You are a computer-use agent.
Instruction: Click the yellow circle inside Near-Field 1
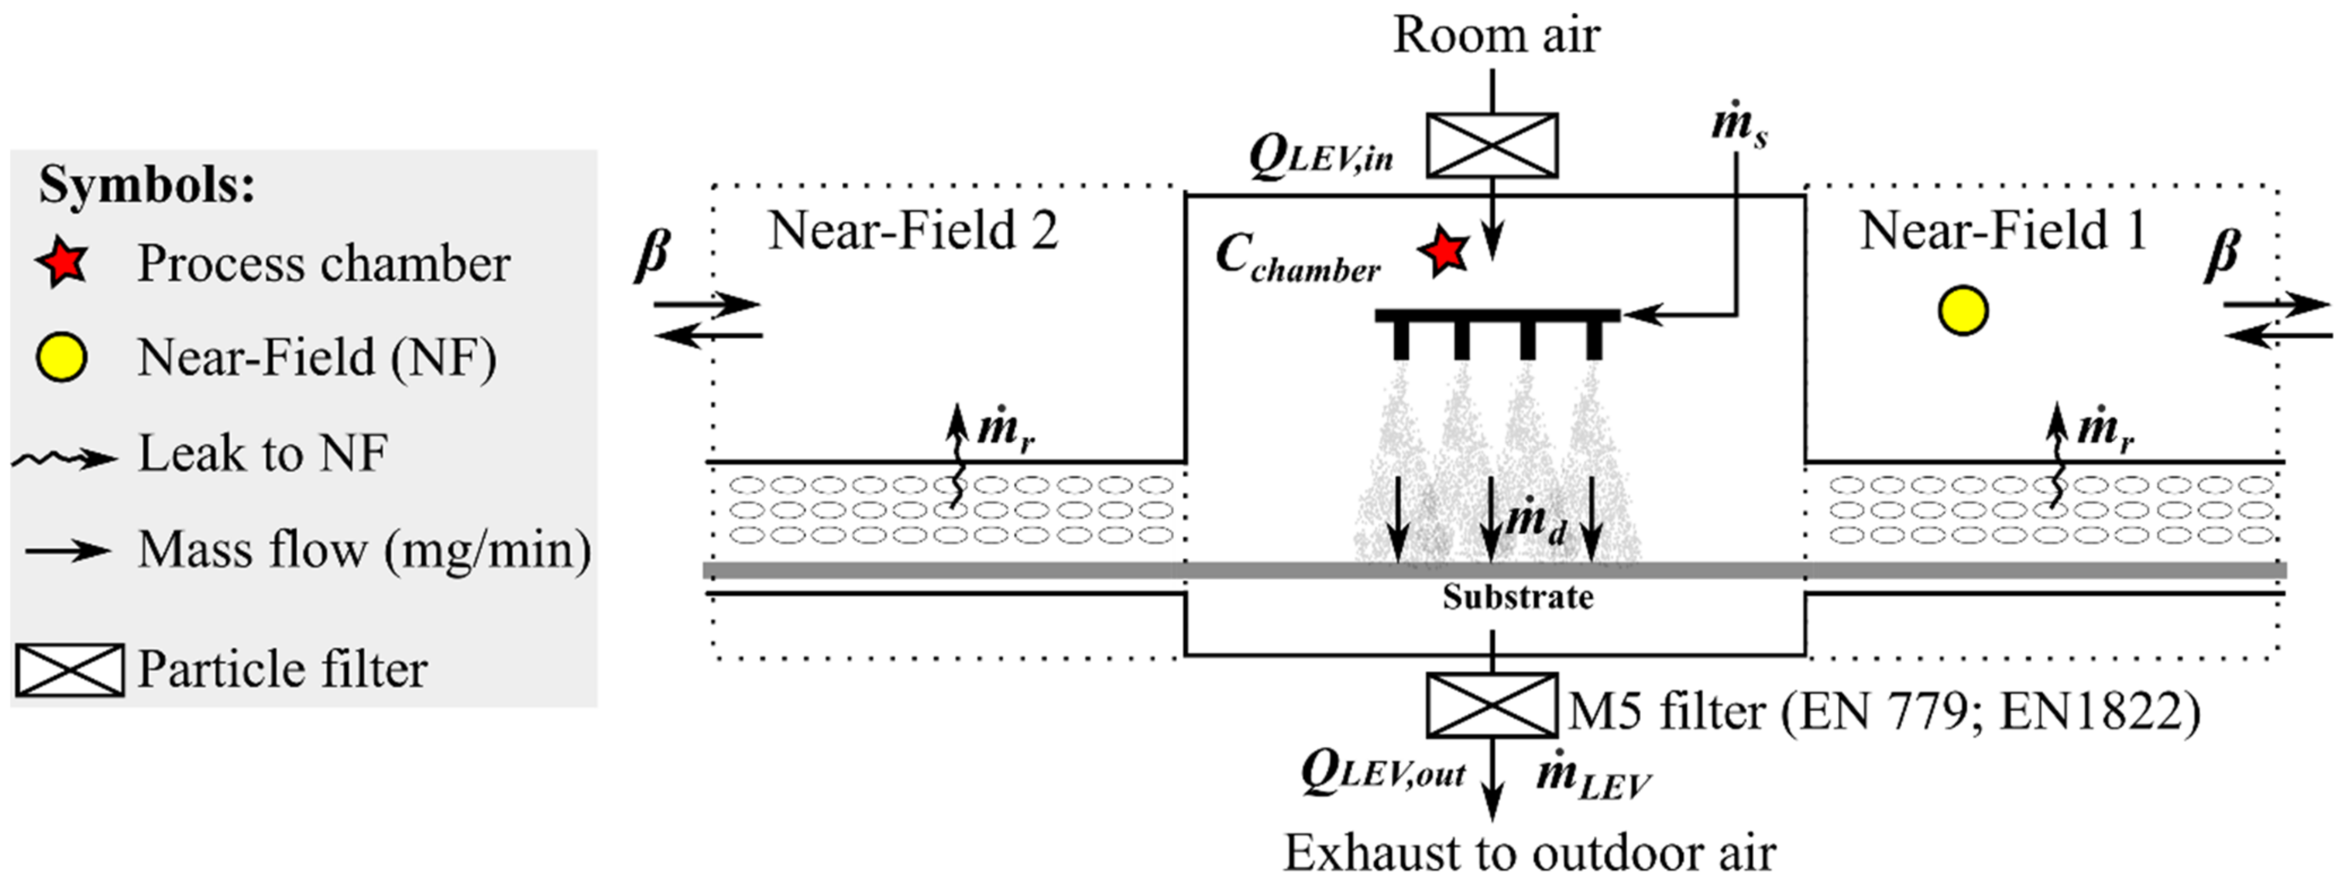(1963, 312)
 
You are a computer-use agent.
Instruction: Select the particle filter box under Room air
(1492, 145)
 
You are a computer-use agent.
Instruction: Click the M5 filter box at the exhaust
(1492, 704)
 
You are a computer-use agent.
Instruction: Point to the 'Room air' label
(1495, 36)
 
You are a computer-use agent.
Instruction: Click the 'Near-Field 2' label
(912, 231)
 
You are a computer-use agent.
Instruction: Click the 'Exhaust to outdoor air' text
(1530, 853)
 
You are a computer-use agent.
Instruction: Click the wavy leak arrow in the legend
(64, 458)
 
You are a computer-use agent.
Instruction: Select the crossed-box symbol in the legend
(69, 670)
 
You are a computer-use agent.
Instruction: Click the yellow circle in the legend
(62, 357)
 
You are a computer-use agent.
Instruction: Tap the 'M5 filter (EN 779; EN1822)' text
(1884, 710)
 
